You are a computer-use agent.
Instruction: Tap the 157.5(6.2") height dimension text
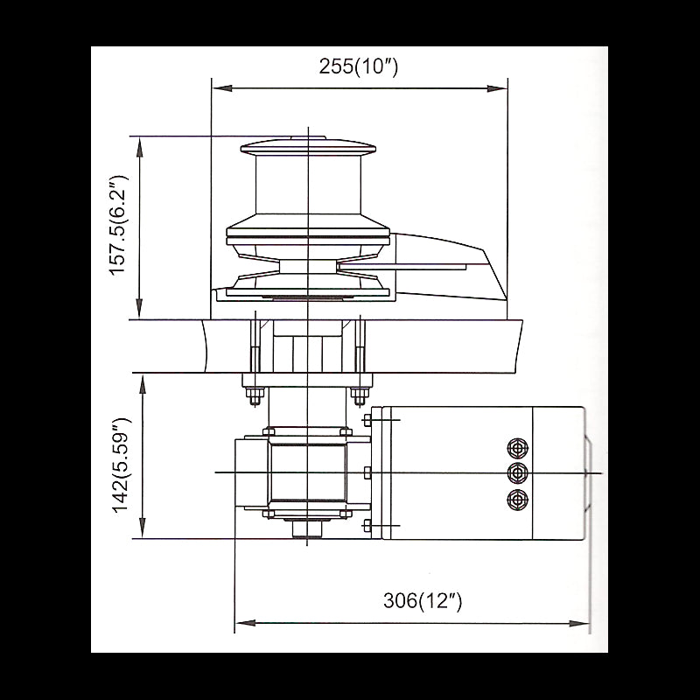click(x=120, y=226)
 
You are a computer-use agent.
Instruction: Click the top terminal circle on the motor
click(x=517, y=448)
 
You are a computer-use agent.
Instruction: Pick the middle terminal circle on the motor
click(x=517, y=473)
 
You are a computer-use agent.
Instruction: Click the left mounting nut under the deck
click(x=254, y=395)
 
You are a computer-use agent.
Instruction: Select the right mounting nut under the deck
click(x=359, y=395)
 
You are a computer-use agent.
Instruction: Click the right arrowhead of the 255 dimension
click(x=501, y=87)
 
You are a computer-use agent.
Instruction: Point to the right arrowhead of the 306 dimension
click(x=584, y=623)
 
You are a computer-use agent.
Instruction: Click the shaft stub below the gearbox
click(x=307, y=528)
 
